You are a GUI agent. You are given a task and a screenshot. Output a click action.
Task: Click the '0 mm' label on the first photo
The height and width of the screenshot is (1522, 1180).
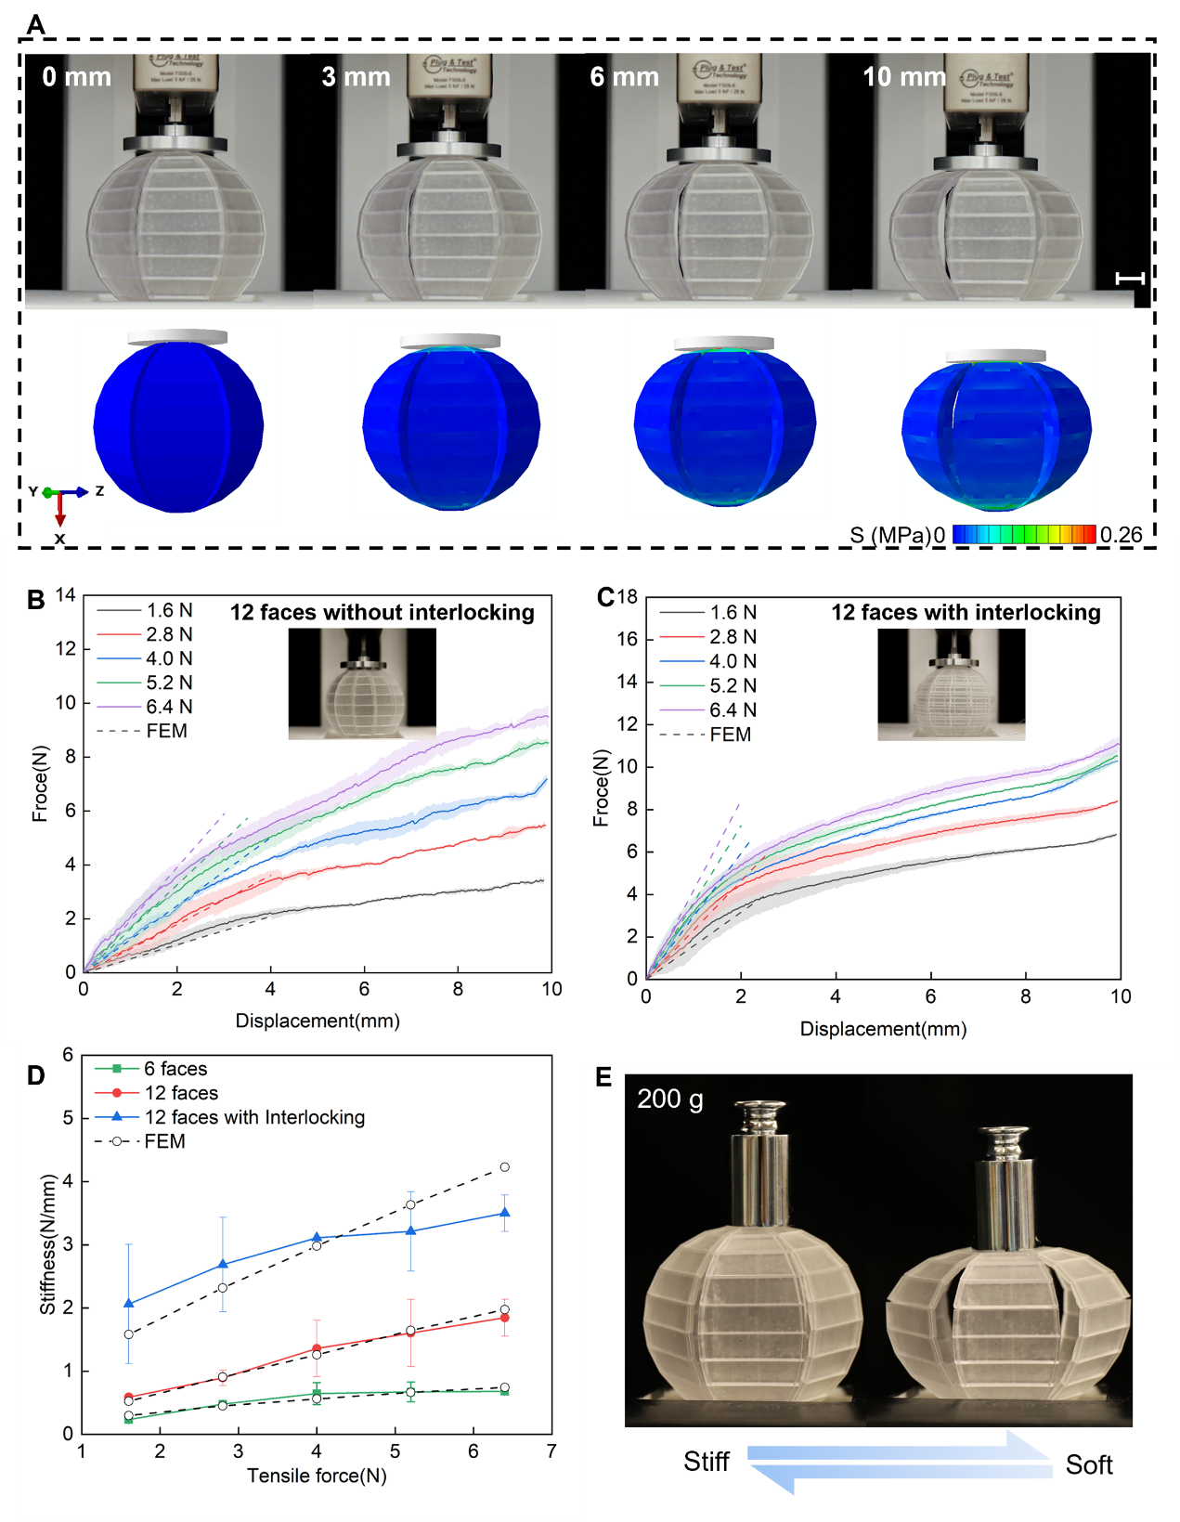[76, 77]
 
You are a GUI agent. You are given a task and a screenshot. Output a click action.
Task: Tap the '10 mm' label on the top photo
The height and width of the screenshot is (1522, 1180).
[904, 77]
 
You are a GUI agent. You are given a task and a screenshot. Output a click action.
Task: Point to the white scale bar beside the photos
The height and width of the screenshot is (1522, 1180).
[1130, 278]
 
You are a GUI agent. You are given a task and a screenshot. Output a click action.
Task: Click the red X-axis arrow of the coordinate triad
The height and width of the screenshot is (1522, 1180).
[60, 509]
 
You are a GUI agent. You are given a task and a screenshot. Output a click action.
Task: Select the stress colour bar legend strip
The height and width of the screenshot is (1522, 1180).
[1024, 534]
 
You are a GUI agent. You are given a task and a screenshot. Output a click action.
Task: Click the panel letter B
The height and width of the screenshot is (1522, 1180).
[36, 600]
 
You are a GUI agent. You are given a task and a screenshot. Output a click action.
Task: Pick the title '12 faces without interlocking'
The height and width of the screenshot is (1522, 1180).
[383, 613]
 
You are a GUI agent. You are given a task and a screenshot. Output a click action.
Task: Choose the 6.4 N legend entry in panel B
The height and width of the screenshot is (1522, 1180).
[168, 707]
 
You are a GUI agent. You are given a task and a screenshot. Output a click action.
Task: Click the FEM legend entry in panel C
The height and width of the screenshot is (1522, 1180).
[730, 735]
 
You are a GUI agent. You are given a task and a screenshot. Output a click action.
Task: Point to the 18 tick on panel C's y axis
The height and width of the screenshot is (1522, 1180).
[629, 597]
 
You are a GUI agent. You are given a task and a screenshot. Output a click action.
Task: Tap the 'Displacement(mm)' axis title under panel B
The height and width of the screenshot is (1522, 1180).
[318, 1021]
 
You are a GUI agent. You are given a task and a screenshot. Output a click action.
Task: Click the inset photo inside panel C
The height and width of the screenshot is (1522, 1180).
[951, 684]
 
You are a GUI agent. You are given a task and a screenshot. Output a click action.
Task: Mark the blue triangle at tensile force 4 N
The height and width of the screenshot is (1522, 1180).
[317, 1238]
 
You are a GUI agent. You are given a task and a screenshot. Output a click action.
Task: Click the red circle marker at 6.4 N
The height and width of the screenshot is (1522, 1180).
[504, 1318]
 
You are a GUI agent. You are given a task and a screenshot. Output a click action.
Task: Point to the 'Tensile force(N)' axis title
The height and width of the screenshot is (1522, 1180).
[317, 1476]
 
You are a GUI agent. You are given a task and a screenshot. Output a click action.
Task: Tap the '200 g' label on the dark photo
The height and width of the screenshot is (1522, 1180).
[670, 1099]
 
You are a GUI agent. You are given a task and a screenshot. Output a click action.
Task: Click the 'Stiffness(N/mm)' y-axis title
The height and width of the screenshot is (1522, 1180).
[47, 1244]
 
